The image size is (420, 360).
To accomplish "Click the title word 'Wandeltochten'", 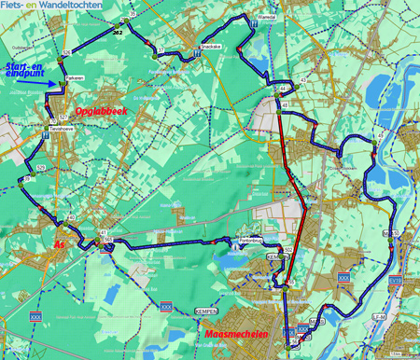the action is (75, 6).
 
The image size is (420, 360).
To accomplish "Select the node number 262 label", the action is (117, 32).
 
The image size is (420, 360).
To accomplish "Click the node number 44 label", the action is (279, 88).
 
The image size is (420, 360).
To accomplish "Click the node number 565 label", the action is (108, 241).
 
